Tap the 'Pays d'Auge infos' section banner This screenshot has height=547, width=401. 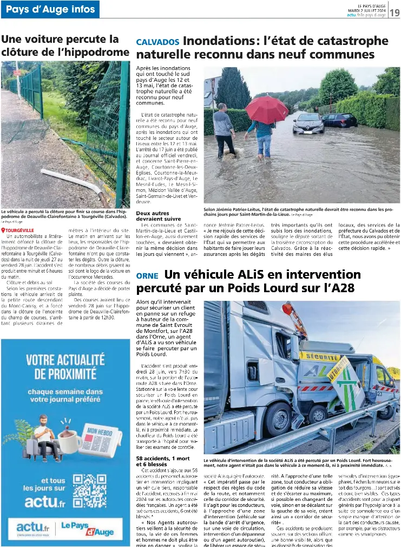click(50, 9)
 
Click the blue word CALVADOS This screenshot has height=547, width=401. click(157, 42)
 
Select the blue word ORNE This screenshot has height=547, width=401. click(147, 275)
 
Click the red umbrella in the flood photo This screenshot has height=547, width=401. click(266, 109)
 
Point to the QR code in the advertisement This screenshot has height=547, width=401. click(90, 492)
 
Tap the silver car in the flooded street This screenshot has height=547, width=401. click(308, 124)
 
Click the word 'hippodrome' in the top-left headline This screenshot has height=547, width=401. click(95, 52)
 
